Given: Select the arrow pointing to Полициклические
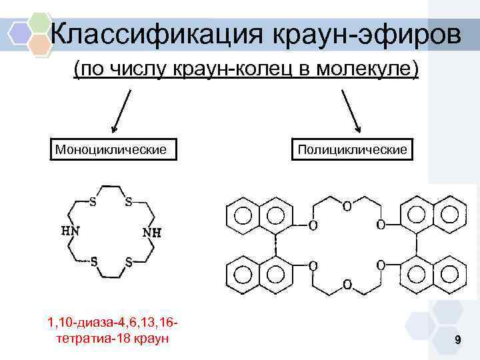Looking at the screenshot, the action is coord(351,111).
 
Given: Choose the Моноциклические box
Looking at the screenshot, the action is coord(111,149).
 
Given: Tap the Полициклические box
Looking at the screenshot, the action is coord(352,149).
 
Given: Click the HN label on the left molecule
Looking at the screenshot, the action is coord(71,231).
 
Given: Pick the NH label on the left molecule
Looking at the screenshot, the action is coord(151,233).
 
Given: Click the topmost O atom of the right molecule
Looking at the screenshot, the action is coord(347,207).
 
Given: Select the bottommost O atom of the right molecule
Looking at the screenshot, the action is coord(346,285).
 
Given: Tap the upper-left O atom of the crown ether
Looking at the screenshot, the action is coord(312,225).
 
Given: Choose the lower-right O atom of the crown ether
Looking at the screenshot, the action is coord(381,265).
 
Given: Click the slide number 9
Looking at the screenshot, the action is coord(457,341).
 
